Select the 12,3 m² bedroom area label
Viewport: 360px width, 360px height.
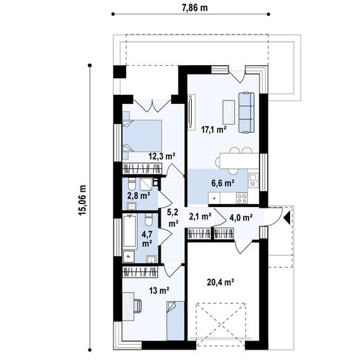pos(160,156)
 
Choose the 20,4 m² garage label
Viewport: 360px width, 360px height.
pos(221,282)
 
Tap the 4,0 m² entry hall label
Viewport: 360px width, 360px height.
pos(240,217)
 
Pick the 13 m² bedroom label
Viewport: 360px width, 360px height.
pos(159,290)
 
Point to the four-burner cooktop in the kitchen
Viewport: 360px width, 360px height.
pos(242,198)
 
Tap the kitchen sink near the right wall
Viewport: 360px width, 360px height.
pos(254,181)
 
